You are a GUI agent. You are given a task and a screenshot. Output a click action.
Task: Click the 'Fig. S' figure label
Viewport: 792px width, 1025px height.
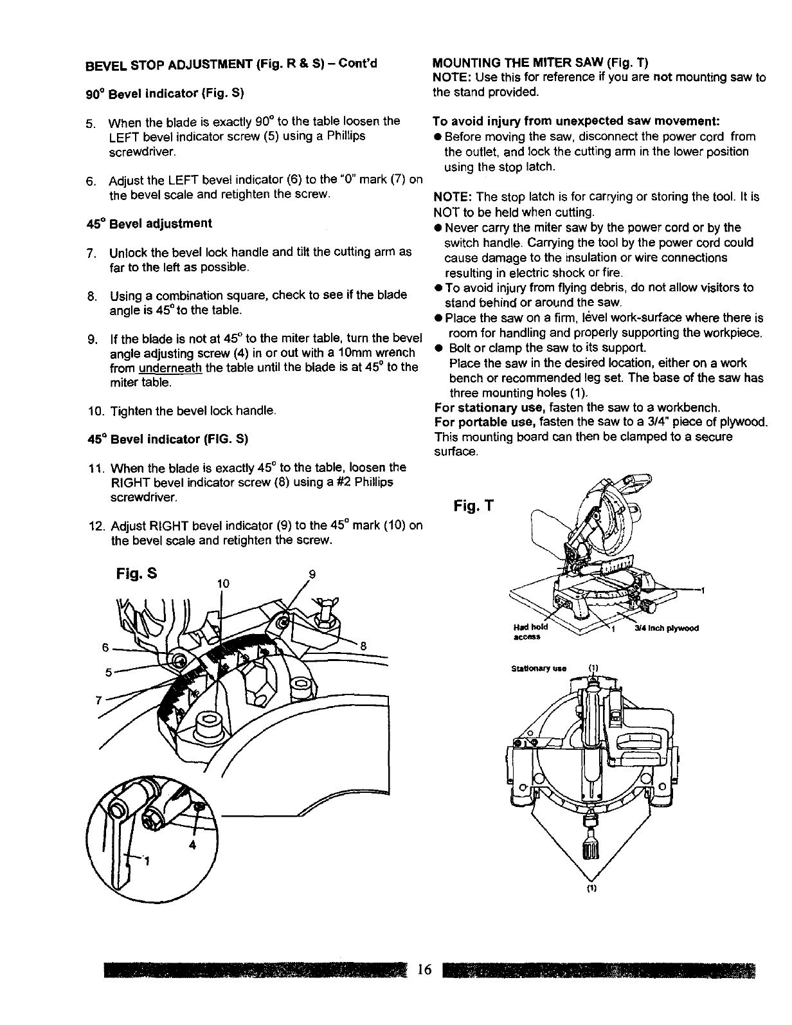138,572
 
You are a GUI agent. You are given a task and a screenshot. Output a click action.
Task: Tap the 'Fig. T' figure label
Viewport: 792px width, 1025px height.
472,507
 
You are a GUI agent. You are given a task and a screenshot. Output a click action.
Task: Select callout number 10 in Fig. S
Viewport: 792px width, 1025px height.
223,583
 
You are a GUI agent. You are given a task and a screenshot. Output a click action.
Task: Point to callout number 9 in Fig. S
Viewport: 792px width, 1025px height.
313,577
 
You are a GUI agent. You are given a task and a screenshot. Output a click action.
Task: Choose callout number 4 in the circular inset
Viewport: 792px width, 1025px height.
192,847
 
